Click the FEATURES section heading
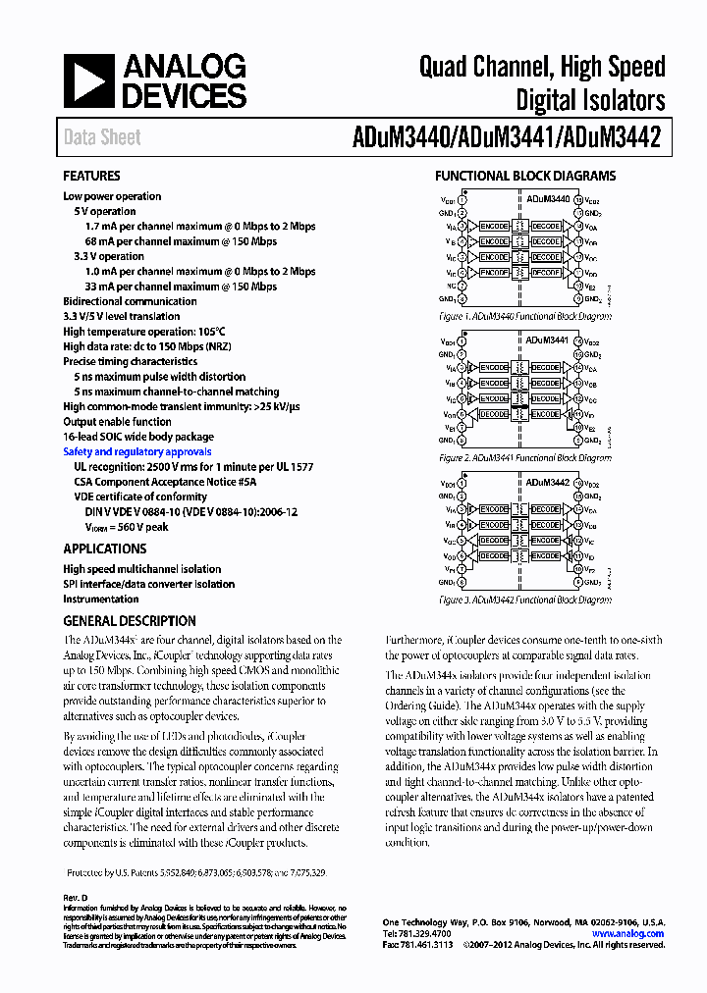(91, 177)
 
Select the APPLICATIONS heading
(104, 549)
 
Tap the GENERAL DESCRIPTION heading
(130, 621)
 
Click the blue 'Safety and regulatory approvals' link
(136, 452)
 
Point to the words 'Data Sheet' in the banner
(102, 137)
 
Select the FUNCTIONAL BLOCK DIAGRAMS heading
(525, 177)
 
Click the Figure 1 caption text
(525, 317)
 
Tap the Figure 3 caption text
(525, 599)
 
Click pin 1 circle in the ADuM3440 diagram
(462, 199)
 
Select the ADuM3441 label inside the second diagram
(548, 340)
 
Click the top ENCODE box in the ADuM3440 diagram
(493, 227)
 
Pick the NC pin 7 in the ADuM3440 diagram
(462, 287)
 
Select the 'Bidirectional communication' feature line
(130, 302)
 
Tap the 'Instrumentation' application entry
(101, 600)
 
